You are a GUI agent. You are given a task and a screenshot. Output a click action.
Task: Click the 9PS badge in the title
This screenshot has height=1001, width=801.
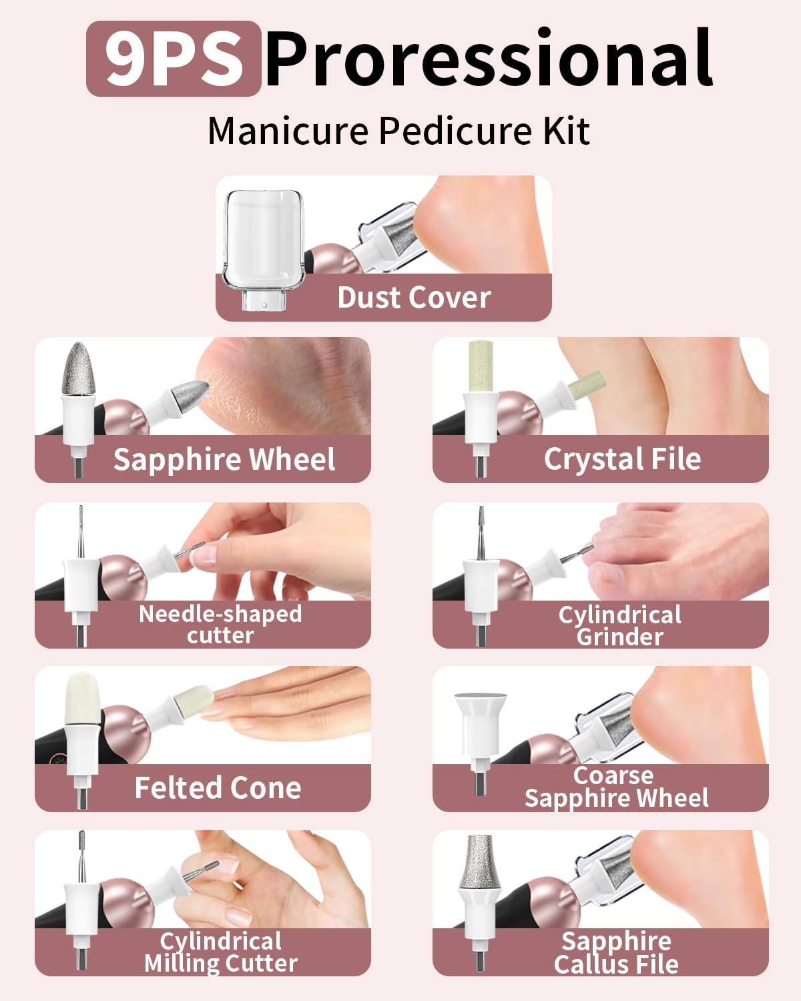[x=173, y=59]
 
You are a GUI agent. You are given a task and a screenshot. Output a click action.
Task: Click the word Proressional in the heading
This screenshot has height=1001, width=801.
[x=489, y=59]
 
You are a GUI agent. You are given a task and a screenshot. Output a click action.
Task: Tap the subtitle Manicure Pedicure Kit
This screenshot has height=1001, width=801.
[x=398, y=131]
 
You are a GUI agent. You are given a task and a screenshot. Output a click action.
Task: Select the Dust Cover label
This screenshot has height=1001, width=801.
[x=414, y=298]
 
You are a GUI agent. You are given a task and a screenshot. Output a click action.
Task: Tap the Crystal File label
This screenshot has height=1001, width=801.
[x=622, y=459]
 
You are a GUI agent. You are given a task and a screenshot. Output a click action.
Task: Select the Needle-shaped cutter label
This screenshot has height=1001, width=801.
[x=220, y=624]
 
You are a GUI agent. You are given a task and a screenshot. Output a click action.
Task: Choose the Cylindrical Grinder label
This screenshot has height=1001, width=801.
[x=619, y=625]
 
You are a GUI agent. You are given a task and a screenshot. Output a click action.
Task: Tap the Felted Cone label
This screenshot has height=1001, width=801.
[x=218, y=788]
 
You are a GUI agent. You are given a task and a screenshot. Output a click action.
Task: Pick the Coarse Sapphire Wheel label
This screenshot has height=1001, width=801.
[x=616, y=787]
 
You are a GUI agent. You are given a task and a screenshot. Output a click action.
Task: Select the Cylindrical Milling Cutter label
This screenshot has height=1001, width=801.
[x=221, y=952]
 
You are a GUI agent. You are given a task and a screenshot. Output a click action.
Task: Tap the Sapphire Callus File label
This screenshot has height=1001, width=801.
[x=616, y=952]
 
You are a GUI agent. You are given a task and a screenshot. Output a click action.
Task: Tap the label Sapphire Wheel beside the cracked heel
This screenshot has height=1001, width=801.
[x=224, y=460]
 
